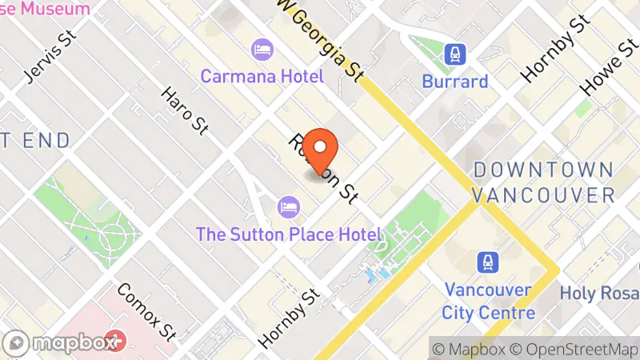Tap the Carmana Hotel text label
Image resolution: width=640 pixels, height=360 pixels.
tap(262, 77)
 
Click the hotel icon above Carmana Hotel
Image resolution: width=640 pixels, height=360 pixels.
tap(262, 50)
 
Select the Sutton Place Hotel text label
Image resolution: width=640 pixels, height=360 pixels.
tap(289, 234)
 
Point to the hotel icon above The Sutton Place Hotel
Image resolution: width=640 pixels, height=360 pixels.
tap(288, 208)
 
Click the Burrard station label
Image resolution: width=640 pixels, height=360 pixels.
tap(455, 82)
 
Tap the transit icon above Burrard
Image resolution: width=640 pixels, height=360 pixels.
tap(455, 54)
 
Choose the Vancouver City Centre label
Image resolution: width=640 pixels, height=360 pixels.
tap(488, 300)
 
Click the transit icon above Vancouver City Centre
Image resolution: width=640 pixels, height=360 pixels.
tap(487, 262)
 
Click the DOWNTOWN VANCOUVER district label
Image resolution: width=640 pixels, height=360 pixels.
tap(544, 182)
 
